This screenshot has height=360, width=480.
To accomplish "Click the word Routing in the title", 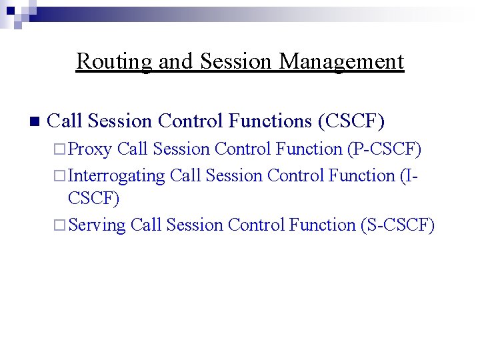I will coord(114,61).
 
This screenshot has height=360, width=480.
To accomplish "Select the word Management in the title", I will coord(341,61).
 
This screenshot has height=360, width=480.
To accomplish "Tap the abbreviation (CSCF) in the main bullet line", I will coord(351,121).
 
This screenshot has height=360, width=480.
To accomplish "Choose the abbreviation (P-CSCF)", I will coord(385,149).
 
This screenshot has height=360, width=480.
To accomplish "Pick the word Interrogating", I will coord(117,176).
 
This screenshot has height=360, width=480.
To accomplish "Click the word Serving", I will coord(97,225).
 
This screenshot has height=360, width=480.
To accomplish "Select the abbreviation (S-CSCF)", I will coord(397,225).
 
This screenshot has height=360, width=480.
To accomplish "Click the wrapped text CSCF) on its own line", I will coord(93,199).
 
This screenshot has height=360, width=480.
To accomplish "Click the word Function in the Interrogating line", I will coord(362,176).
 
